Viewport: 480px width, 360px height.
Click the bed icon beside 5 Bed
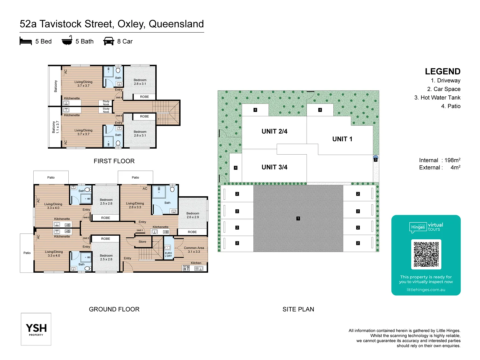[26, 41]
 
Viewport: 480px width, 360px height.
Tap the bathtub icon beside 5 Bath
[67, 40]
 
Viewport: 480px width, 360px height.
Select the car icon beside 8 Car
[109, 41]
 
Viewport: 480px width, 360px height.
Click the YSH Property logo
[36, 329]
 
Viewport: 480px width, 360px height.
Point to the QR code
[426, 254]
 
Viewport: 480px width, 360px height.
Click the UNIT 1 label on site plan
[342, 139]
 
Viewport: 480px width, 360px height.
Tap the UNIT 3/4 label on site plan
[274, 167]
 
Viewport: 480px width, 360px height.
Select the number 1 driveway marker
[298, 219]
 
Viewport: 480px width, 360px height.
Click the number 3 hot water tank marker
[375, 160]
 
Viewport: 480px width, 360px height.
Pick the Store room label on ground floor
[142, 242]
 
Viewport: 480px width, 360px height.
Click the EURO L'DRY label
[168, 254]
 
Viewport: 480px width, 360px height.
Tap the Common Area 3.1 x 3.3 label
[194, 250]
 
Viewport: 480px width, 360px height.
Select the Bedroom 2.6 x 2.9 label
[193, 215]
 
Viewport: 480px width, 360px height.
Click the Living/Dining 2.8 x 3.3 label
[135, 205]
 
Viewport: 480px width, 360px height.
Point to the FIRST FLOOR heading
[114, 161]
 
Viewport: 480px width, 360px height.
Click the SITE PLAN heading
[298, 309]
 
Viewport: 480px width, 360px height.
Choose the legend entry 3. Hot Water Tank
[437, 98]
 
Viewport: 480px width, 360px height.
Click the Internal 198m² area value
[452, 160]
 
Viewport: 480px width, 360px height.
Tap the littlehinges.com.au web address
[426, 290]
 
